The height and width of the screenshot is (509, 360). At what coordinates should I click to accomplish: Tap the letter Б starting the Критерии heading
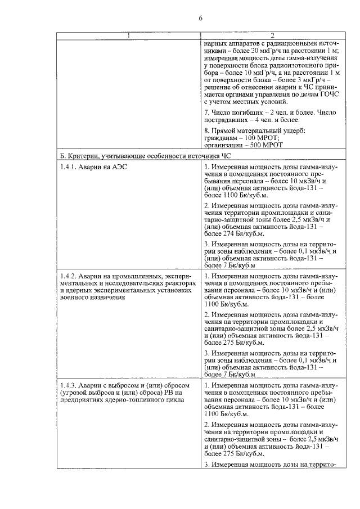[62, 155]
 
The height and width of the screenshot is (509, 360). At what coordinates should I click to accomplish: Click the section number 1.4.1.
[70, 166]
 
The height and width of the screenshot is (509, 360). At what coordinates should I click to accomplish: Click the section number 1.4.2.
[70, 276]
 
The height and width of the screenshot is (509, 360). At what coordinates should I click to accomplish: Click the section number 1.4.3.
[70, 385]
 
